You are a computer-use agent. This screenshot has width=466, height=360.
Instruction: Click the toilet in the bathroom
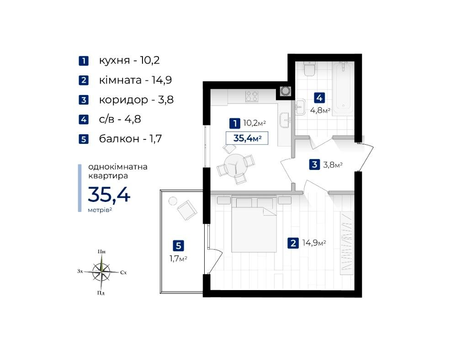pyautogui.click(x=310, y=69)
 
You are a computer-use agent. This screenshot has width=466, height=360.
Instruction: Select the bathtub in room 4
pyautogui.click(x=343, y=89)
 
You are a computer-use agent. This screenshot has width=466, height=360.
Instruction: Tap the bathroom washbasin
pyautogui.click(x=301, y=107)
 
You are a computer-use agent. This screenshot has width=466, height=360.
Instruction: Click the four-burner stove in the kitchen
pyautogui.click(x=252, y=96)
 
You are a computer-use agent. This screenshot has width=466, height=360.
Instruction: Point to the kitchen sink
pyautogui.click(x=285, y=121)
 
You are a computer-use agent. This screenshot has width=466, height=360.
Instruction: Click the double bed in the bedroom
pyautogui.click(x=254, y=223)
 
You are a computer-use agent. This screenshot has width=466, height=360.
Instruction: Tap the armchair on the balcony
pyautogui.click(x=187, y=210)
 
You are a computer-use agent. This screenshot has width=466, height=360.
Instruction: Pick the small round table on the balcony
pyautogui.click(x=173, y=201)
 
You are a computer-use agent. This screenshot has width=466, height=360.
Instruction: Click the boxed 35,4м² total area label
pyautogui.click(x=247, y=138)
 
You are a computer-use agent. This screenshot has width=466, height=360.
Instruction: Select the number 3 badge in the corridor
pyautogui.click(x=314, y=164)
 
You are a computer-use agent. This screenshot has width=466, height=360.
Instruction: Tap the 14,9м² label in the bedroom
pyautogui.click(x=314, y=243)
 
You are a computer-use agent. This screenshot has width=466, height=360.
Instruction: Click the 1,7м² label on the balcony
pyautogui.click(x=178, y=259)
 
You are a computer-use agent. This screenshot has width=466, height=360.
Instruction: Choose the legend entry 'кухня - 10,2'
pyautogui.click(x=129, y=60)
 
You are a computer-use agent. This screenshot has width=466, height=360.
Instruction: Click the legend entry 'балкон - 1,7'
pyautogui.click(x=131, y=139)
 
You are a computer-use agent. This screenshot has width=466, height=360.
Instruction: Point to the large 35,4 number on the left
pyautogui.click(x=109, y=195)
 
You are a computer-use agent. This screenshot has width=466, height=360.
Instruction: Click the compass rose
pyautogui.click(x=101, y=272)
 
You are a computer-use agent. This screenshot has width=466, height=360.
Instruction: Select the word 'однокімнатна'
pyautogui.click(x=118, y=166)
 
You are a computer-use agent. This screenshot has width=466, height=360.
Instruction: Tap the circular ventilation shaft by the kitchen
pyautogui.click(x=286, y=90)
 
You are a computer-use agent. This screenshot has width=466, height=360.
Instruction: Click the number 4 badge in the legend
pyautogui.click(x=84, y=120)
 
